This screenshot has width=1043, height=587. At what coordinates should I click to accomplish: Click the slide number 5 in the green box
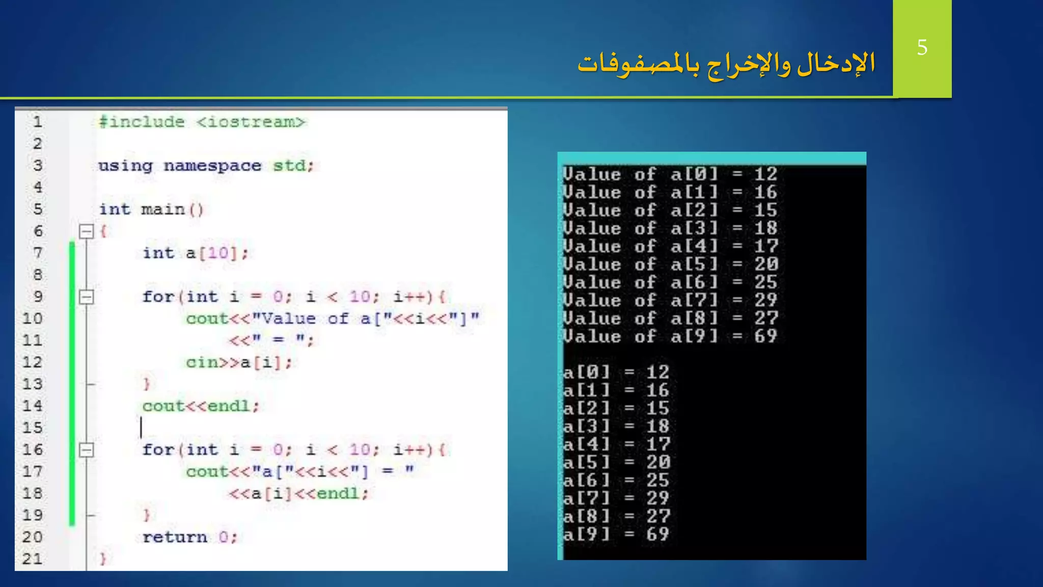pos(922,47)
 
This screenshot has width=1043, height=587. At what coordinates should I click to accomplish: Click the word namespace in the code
pos(212,166)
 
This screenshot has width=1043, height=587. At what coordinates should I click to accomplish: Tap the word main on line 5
pos(162,209)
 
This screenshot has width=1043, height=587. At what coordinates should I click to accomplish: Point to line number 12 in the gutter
pos(32,362)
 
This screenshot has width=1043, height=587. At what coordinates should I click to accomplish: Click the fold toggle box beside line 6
pos(87,232)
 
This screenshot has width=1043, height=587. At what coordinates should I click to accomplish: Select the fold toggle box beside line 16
pos(87,450)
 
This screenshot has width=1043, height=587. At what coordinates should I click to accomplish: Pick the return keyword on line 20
pos(175,537)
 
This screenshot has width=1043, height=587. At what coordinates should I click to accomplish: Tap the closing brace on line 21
pos(103,559)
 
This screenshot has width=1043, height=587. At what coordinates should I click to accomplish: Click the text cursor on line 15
pos(141,428)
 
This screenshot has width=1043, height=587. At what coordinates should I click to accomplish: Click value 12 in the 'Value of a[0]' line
pos(765,174)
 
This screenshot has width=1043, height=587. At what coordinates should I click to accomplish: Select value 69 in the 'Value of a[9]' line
pos(765,336)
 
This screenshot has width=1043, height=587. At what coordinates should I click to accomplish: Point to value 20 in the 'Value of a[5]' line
pos(765,264)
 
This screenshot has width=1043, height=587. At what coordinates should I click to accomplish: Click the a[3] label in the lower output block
pos(586,426)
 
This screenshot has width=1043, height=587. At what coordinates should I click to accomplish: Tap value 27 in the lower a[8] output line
pos(658,516)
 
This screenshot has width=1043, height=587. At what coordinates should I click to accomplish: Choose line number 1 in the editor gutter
pos(37,122)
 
